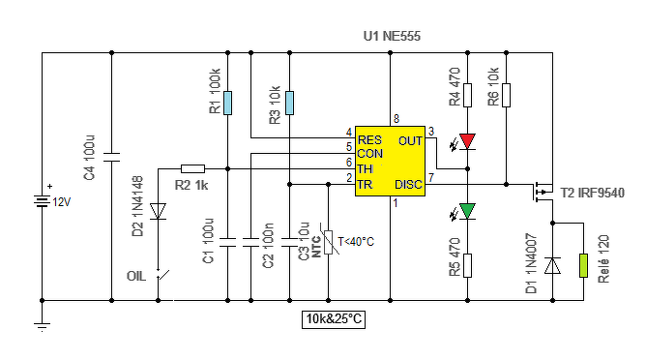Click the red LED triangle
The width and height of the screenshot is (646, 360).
(x=468, y=141)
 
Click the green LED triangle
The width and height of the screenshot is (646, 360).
(x=468, y=211)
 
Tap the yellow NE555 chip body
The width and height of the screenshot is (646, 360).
(x=390, y=161)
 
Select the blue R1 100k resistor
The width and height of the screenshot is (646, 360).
(x=227, y=103)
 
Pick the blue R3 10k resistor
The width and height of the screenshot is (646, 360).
(x=289, y=103)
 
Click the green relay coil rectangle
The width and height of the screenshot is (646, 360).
(x=583, y=265)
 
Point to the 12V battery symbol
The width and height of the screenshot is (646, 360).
(x=42, y=202)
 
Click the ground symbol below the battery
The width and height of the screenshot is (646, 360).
(x=42, y=327)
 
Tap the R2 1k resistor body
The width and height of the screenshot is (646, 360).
(x=192, y=168)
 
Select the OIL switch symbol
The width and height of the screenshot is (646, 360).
(x=162, y=275)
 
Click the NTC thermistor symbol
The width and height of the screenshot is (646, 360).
(x=329, y=242)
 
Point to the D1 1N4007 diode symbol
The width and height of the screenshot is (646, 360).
(x=552, y=265)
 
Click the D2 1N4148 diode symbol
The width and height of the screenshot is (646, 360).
(x=158, y=211)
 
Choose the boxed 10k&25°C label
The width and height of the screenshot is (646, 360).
(x=334, y=319)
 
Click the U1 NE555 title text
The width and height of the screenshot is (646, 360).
(x=392, y=36)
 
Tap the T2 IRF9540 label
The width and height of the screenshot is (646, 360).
(x=593, y=193)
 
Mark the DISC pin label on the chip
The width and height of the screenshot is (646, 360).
(x=409, y=184)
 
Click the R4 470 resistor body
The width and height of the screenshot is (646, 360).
(x=468, y=95)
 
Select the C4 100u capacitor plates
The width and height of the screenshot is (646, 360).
(x=111, y=157)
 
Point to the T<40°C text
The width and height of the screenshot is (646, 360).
(x=356, y=242)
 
